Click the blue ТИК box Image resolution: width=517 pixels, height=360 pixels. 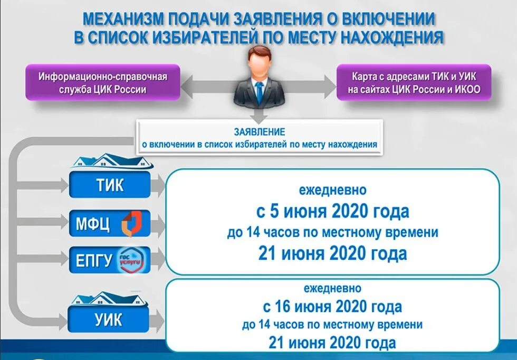click(110, 185)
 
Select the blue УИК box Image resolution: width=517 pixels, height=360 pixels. click(109, 320)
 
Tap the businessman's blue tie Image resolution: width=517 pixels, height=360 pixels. click(259, 92)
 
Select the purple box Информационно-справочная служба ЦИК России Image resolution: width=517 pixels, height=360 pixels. click(103, 83)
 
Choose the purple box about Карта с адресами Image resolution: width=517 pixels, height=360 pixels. click(414, 83)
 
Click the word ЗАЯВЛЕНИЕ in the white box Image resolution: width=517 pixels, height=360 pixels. click(259, 131)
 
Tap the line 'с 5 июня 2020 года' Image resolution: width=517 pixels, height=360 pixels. click(333, 212)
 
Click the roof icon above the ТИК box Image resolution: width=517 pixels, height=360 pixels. click(111, 160)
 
